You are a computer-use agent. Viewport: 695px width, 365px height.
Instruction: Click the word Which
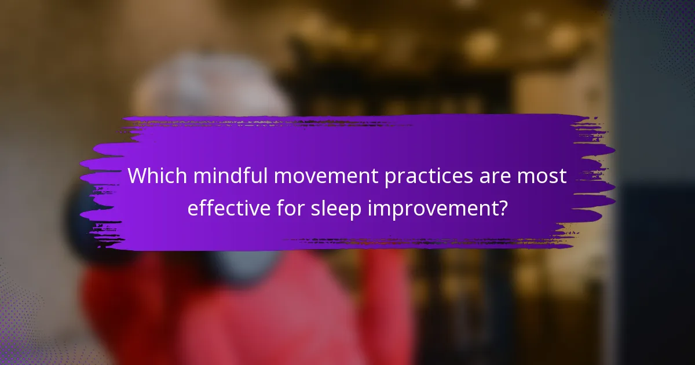(x=154, y=177)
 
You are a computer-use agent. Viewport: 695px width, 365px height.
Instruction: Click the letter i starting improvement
(x=370, y=209)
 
